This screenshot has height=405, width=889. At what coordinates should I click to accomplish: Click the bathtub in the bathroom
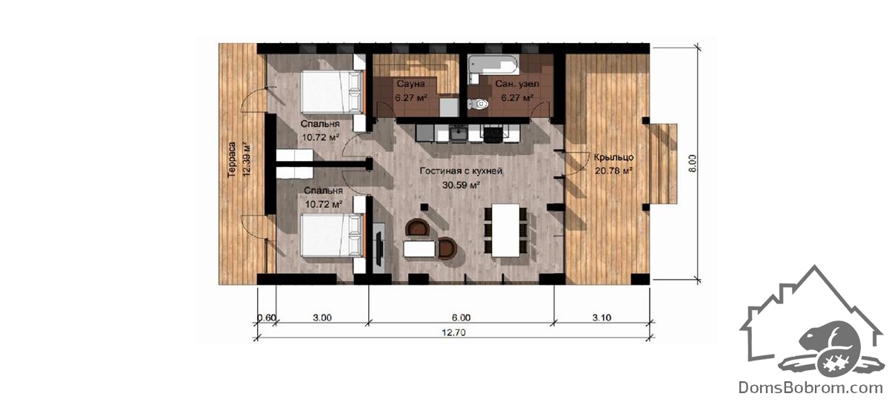coord(493,65)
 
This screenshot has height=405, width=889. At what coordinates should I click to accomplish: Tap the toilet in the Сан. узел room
coord(478,104)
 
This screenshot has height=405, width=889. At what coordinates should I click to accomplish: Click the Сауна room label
coord(410,84)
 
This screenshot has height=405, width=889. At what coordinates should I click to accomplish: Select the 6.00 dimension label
coord(461,317)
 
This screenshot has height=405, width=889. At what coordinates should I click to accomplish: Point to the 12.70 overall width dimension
coord(453,332)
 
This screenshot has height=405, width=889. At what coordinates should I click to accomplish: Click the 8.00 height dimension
coord(692,163)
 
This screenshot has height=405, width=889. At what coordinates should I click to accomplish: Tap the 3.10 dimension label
coord(602,317)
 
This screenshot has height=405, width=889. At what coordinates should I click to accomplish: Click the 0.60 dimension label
coord(266,317)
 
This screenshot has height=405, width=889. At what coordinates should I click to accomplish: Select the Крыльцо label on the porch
coord(613,157)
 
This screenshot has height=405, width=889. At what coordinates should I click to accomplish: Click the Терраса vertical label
coord(232,159)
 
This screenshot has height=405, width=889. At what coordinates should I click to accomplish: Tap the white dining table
coord(505,230)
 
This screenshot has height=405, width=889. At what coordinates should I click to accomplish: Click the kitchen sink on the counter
coord(459,133)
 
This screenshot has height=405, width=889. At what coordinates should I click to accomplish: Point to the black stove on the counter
coord(493,133)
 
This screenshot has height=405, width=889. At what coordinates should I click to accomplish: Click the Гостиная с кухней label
coord(461,171)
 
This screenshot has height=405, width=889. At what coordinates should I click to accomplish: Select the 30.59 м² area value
coord(461,185)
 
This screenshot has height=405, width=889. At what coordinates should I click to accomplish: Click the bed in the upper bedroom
coord(332,91)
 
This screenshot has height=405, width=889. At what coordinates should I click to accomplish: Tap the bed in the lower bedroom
coord(332,235)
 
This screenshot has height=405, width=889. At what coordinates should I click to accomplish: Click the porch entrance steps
coord(663,164)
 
